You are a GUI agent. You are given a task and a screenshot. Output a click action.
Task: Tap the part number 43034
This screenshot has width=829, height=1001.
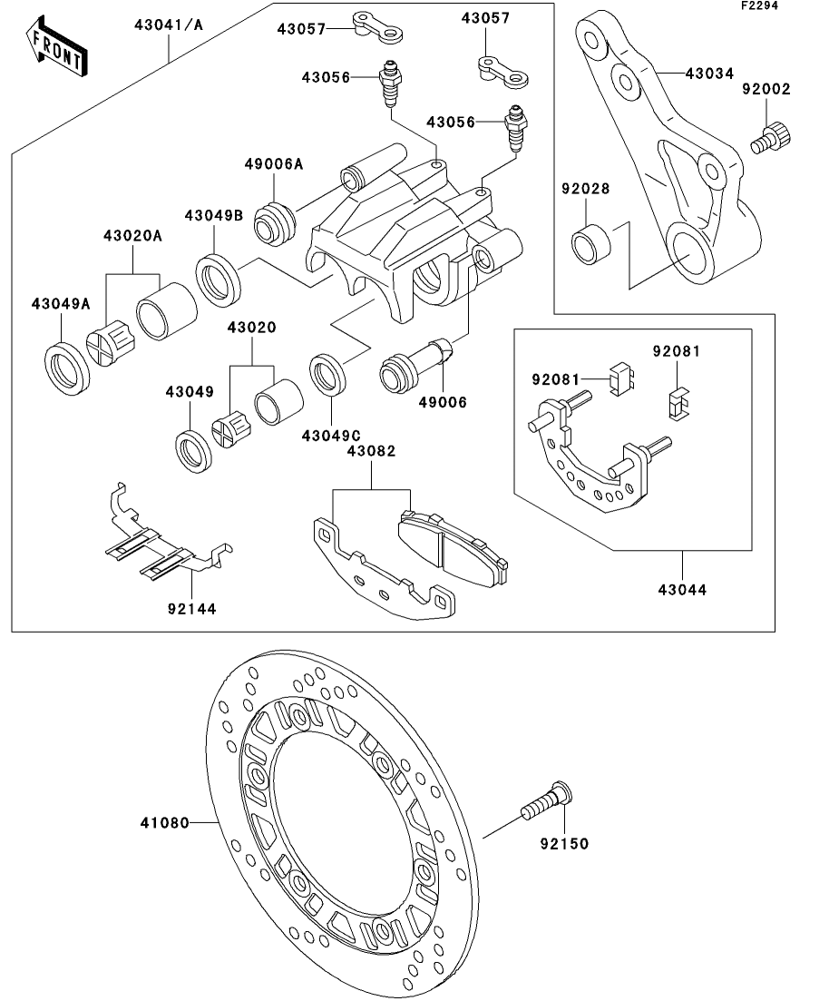711,72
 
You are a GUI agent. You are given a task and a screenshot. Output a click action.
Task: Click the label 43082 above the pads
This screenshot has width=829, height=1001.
372,451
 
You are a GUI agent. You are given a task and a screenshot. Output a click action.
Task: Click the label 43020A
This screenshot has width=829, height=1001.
134,236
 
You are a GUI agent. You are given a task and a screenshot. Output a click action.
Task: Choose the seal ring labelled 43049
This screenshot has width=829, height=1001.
193,445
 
